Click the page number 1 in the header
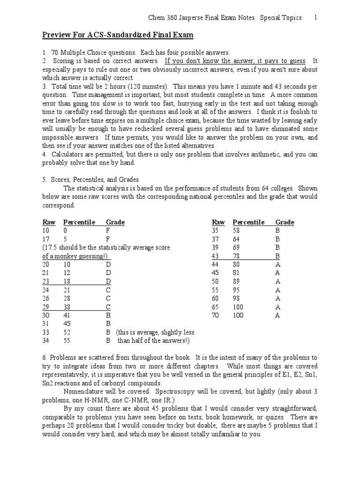click(315, 18)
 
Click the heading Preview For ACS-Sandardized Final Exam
click(118, 36)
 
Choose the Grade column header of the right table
click(285, 222)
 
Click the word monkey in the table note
click(70, 256)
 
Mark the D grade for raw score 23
click(108, 281)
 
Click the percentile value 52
click(67, 332)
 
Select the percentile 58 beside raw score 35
click(236, 231)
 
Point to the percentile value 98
click(236, 298)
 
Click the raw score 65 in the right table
click(216, 307)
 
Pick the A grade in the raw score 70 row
click(277, 315)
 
